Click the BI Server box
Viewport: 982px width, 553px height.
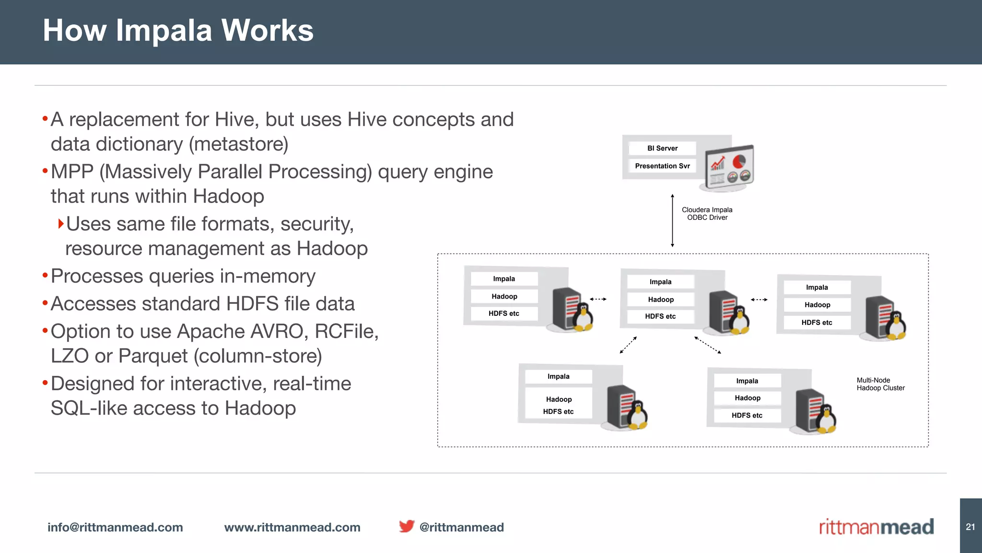pos(662,148)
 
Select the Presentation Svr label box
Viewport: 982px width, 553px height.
pos(662,166)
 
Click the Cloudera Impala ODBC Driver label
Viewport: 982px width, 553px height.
pos(707,214)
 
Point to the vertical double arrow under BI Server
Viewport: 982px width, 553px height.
pos(672,221)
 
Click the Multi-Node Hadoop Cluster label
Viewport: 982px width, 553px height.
pos(880,384)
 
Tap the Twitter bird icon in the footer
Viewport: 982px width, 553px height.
pos(406,526)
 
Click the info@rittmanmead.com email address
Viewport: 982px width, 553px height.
pos(115,527)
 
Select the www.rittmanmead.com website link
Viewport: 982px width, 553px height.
pos(292,527)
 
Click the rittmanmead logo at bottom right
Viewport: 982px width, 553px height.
pos(876,527)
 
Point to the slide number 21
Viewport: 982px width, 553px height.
pos(970,527)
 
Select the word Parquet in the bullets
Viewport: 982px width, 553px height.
pos(153,356)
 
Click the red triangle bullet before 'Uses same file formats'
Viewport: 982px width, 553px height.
pos(61,224)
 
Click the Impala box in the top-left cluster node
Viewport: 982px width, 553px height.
pos(504,279)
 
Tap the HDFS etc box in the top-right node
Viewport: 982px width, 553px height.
pos(817,323)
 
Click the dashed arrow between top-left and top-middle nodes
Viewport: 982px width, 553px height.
pos(598,299)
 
